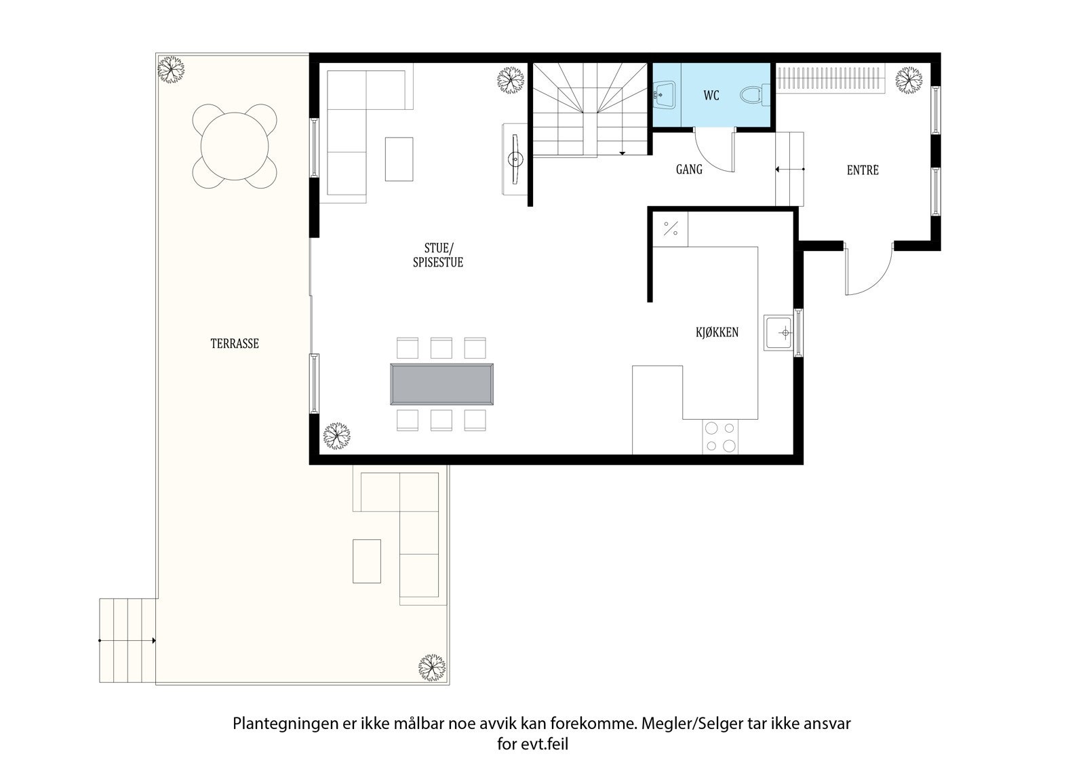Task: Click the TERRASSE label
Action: (235, 344)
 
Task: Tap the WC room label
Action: (711, 96)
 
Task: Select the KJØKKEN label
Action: (717, 332)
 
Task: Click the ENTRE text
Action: (863, 170)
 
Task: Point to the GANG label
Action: (689, 170)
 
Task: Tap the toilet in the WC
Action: (754, 95)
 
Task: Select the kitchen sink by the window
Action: (779, 332)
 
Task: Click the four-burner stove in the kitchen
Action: (720, 437)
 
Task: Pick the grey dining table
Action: (441, 385)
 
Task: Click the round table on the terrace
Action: (235, 146)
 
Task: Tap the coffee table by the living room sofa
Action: (399, 159)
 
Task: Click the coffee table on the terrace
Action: (367, 561)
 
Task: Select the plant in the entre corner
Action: (909, 80)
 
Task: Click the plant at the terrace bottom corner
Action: (431, 667)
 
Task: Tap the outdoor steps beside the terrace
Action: (127, 640)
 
